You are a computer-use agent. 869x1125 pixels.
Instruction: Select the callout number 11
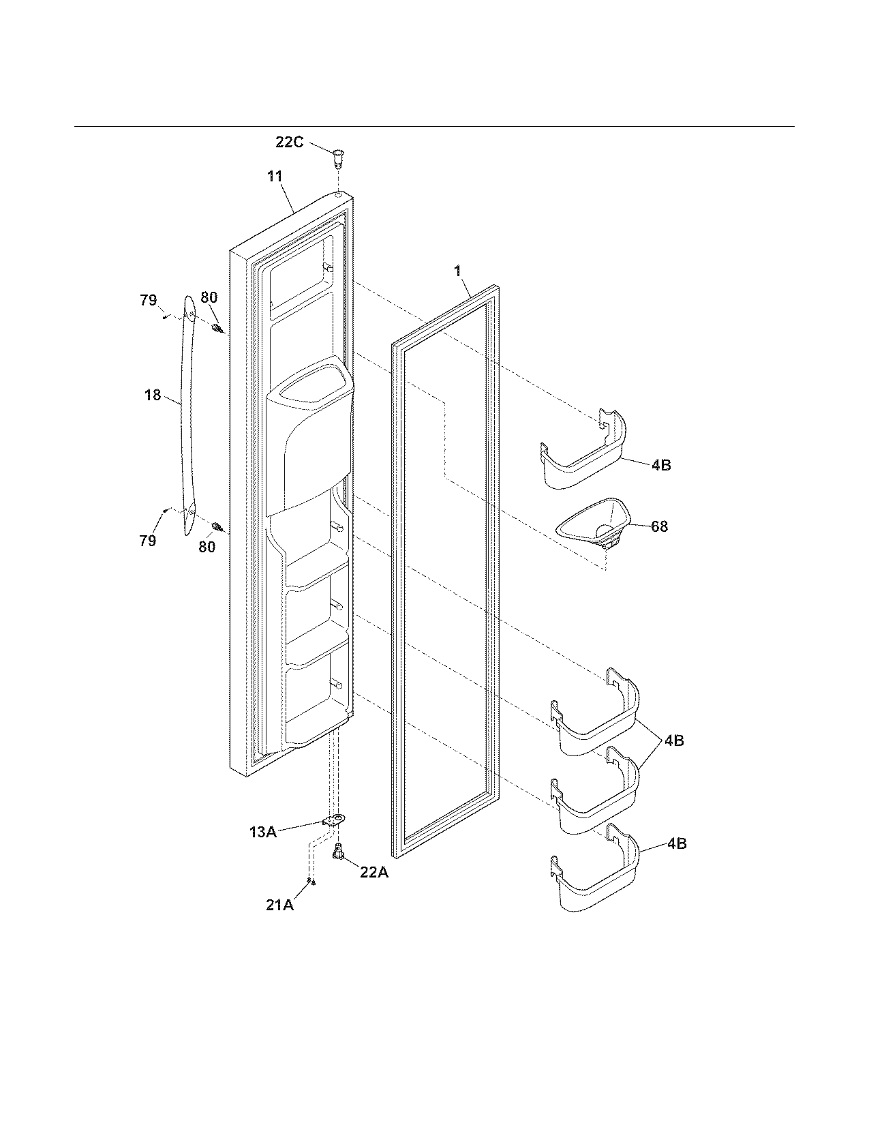[x=275, y=177]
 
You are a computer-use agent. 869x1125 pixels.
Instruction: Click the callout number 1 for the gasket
[x=458, y=271]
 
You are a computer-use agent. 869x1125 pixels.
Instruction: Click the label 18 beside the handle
[x=153, y=395]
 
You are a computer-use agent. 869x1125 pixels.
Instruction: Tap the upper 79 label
[x=149, y=300]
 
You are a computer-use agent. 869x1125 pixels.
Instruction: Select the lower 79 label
[x=148, y=541]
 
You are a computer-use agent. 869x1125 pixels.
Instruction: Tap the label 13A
[x=262, y=831]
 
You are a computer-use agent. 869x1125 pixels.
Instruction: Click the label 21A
[x=280, y=905]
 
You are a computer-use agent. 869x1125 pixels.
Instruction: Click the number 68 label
[x=659, y=526]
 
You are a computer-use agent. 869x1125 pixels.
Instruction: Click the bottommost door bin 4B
[x=596, y=876]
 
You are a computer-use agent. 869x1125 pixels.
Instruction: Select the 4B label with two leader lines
[x=673, y=740]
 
